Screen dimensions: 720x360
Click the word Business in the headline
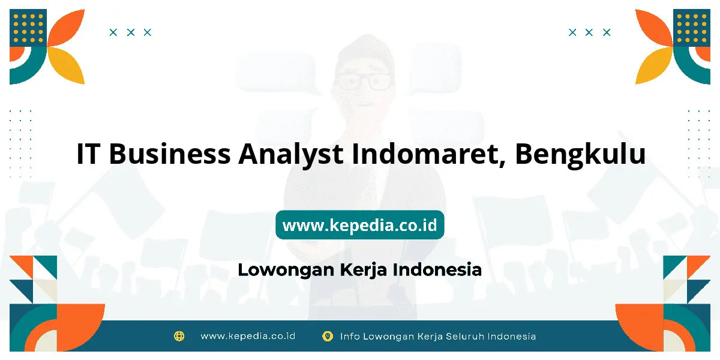(x=170, y=154)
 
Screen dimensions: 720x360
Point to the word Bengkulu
(x=580, y=155)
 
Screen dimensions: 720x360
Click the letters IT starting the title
(x=88, y=154)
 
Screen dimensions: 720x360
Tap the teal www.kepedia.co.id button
(x=359, y=224)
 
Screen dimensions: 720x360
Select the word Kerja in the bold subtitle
(x=363, y=270)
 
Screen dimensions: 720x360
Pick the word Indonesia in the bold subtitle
(x=437, y=269)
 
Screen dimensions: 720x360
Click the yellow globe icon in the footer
(x=179, y=336)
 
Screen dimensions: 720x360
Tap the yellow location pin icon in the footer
(x=327, y=336)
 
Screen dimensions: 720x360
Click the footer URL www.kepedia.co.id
(x=248, y=336)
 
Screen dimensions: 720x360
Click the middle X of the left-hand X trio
(x=131, y=32)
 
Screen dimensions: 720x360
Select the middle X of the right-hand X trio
(x=589, y=32)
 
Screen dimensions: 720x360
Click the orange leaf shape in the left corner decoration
(x=67, y=28)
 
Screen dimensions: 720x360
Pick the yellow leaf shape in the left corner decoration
(x=67, y=65)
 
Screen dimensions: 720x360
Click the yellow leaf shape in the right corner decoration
(x=654, y=65)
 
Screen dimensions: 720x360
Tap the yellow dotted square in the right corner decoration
(x=692, y=28)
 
